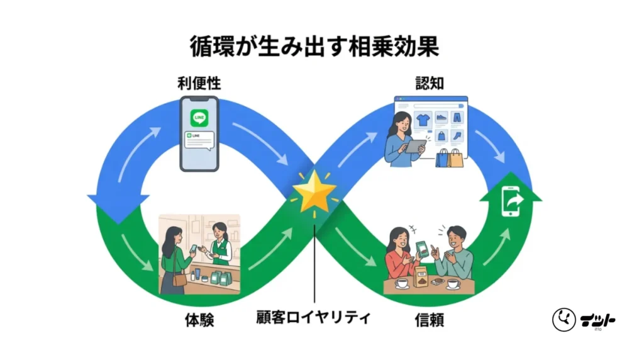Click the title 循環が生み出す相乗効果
(321, 47)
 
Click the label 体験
(200, 320)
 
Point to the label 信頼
(430, 320)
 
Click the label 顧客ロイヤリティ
(314, 315)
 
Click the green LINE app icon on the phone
(199, 117)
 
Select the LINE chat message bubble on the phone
(199, 139)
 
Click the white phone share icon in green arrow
(510, 203)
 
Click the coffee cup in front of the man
(452, 284)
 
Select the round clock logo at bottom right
(564, 320)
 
